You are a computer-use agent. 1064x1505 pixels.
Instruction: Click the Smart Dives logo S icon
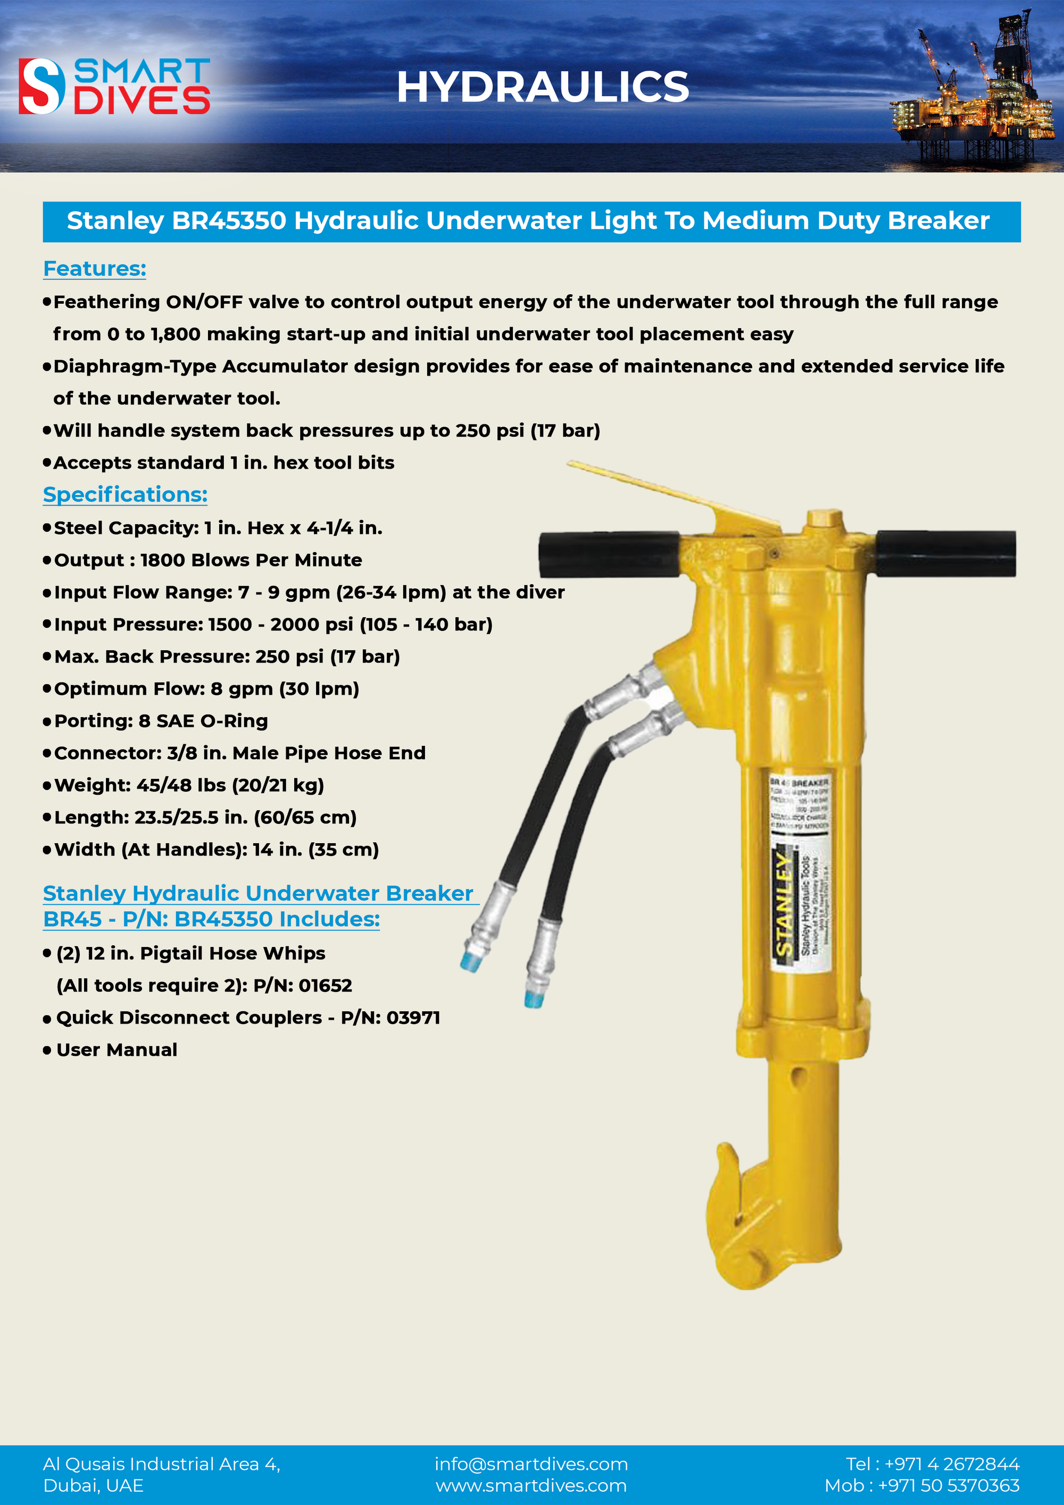pyautogui.click(x=41, y=86)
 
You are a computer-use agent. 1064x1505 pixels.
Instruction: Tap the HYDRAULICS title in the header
pyautogui.click(x=542, y=87)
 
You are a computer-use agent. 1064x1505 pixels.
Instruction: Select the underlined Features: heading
pyautogui.click(x=94, y=269)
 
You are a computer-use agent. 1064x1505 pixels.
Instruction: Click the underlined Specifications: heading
pyautogui.click(x=125, y=494)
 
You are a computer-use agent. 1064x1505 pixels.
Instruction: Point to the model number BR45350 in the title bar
pyautogui.click(x=229, y=221)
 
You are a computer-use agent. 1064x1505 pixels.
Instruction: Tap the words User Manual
pyautogui.click(x=117, y=1050)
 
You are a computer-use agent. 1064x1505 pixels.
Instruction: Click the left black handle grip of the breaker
pyautogui.click(x=609, y=554)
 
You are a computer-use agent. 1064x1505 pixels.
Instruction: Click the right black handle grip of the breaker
pyautogui.click(x=946, y=554)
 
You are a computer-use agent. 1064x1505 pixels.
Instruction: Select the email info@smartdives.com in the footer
pyautogui.click(x=531, y=1464)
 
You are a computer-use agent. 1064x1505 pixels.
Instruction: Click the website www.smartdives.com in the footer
pyautogui.click(x=531, y=1485)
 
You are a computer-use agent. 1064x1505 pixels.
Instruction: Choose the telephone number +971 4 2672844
pyautogui.click(x=951, y=1464)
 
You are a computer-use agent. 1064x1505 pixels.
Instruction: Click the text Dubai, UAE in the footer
pyautogui.click(x=93, y=1485)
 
